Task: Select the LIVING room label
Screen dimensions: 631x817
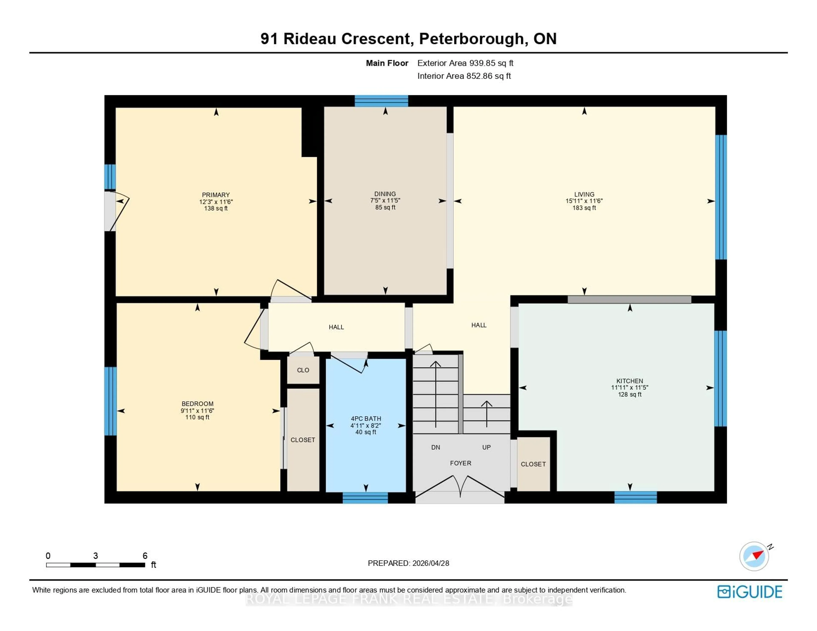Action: click(584, 194)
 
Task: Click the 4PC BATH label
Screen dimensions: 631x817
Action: click(366, 419)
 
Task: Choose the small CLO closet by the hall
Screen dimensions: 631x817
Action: click(303, 370)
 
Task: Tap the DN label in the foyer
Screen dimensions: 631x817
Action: click(436, 447)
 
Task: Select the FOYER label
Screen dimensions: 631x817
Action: click(460, 463)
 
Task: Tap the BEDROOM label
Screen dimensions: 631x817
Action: click(197, 404)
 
